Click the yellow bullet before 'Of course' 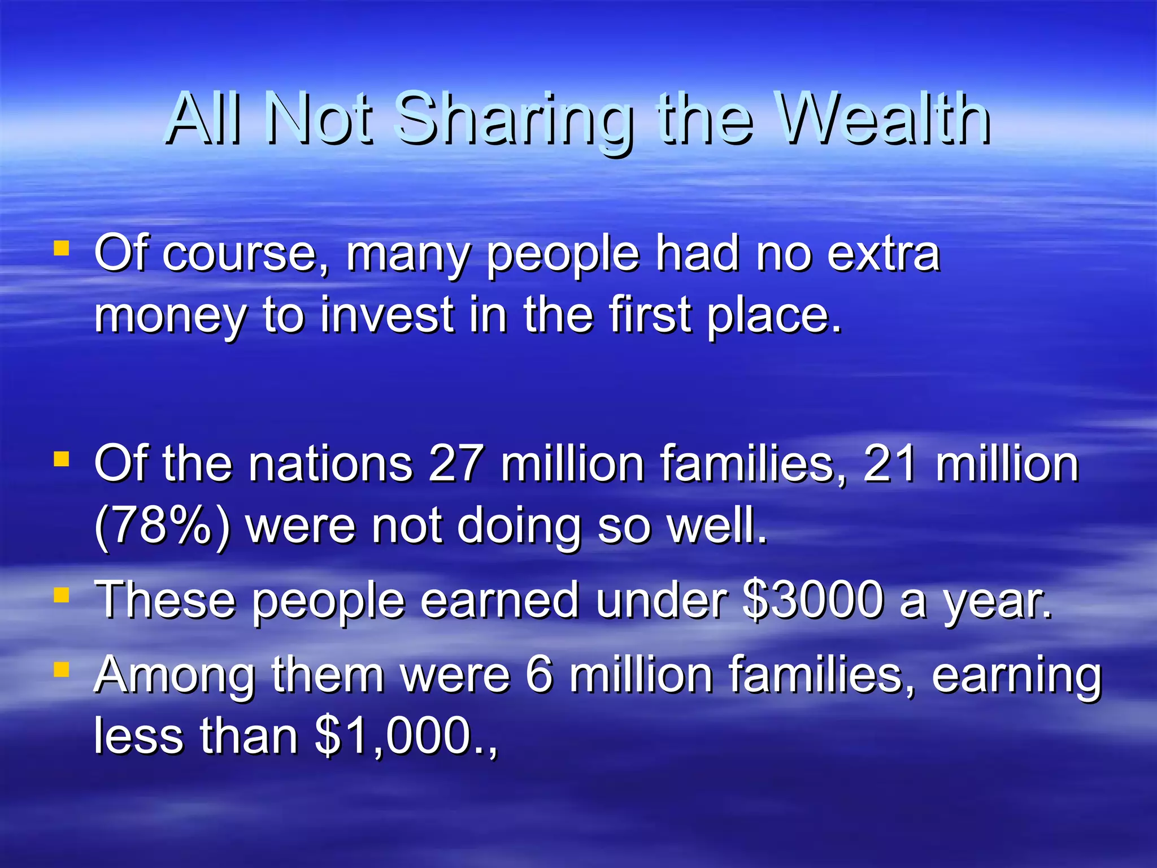point(61,249)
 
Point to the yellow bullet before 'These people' point(61,595)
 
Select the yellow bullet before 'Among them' point(61,670)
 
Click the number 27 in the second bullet point(455,464)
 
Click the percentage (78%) point(163,526)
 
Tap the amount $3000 point(813,600)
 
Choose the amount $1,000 point(394,736)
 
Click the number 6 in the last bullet point(538,674)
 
